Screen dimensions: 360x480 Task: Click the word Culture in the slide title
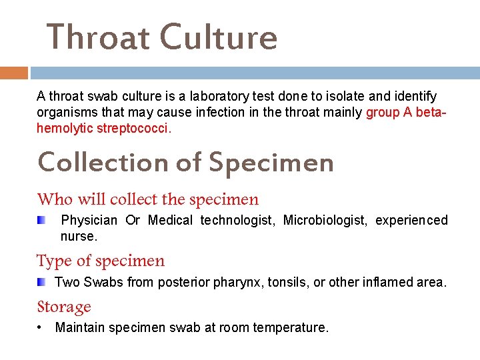click(x=219, y=37)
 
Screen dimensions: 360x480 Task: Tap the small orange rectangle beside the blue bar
click(x=13, y=72)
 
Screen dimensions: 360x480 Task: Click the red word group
click(x=383, y=113)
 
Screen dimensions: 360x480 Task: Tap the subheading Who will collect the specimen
click(x=148, y=199)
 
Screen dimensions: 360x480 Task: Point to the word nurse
click(x=78, y=236)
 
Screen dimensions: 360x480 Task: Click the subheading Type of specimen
click(x=101, y=261)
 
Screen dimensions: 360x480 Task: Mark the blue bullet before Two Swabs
click(x=41, y=282)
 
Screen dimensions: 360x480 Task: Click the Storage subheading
click(x=64, y=307)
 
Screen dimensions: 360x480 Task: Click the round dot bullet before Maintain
click(x=41, y=327)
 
